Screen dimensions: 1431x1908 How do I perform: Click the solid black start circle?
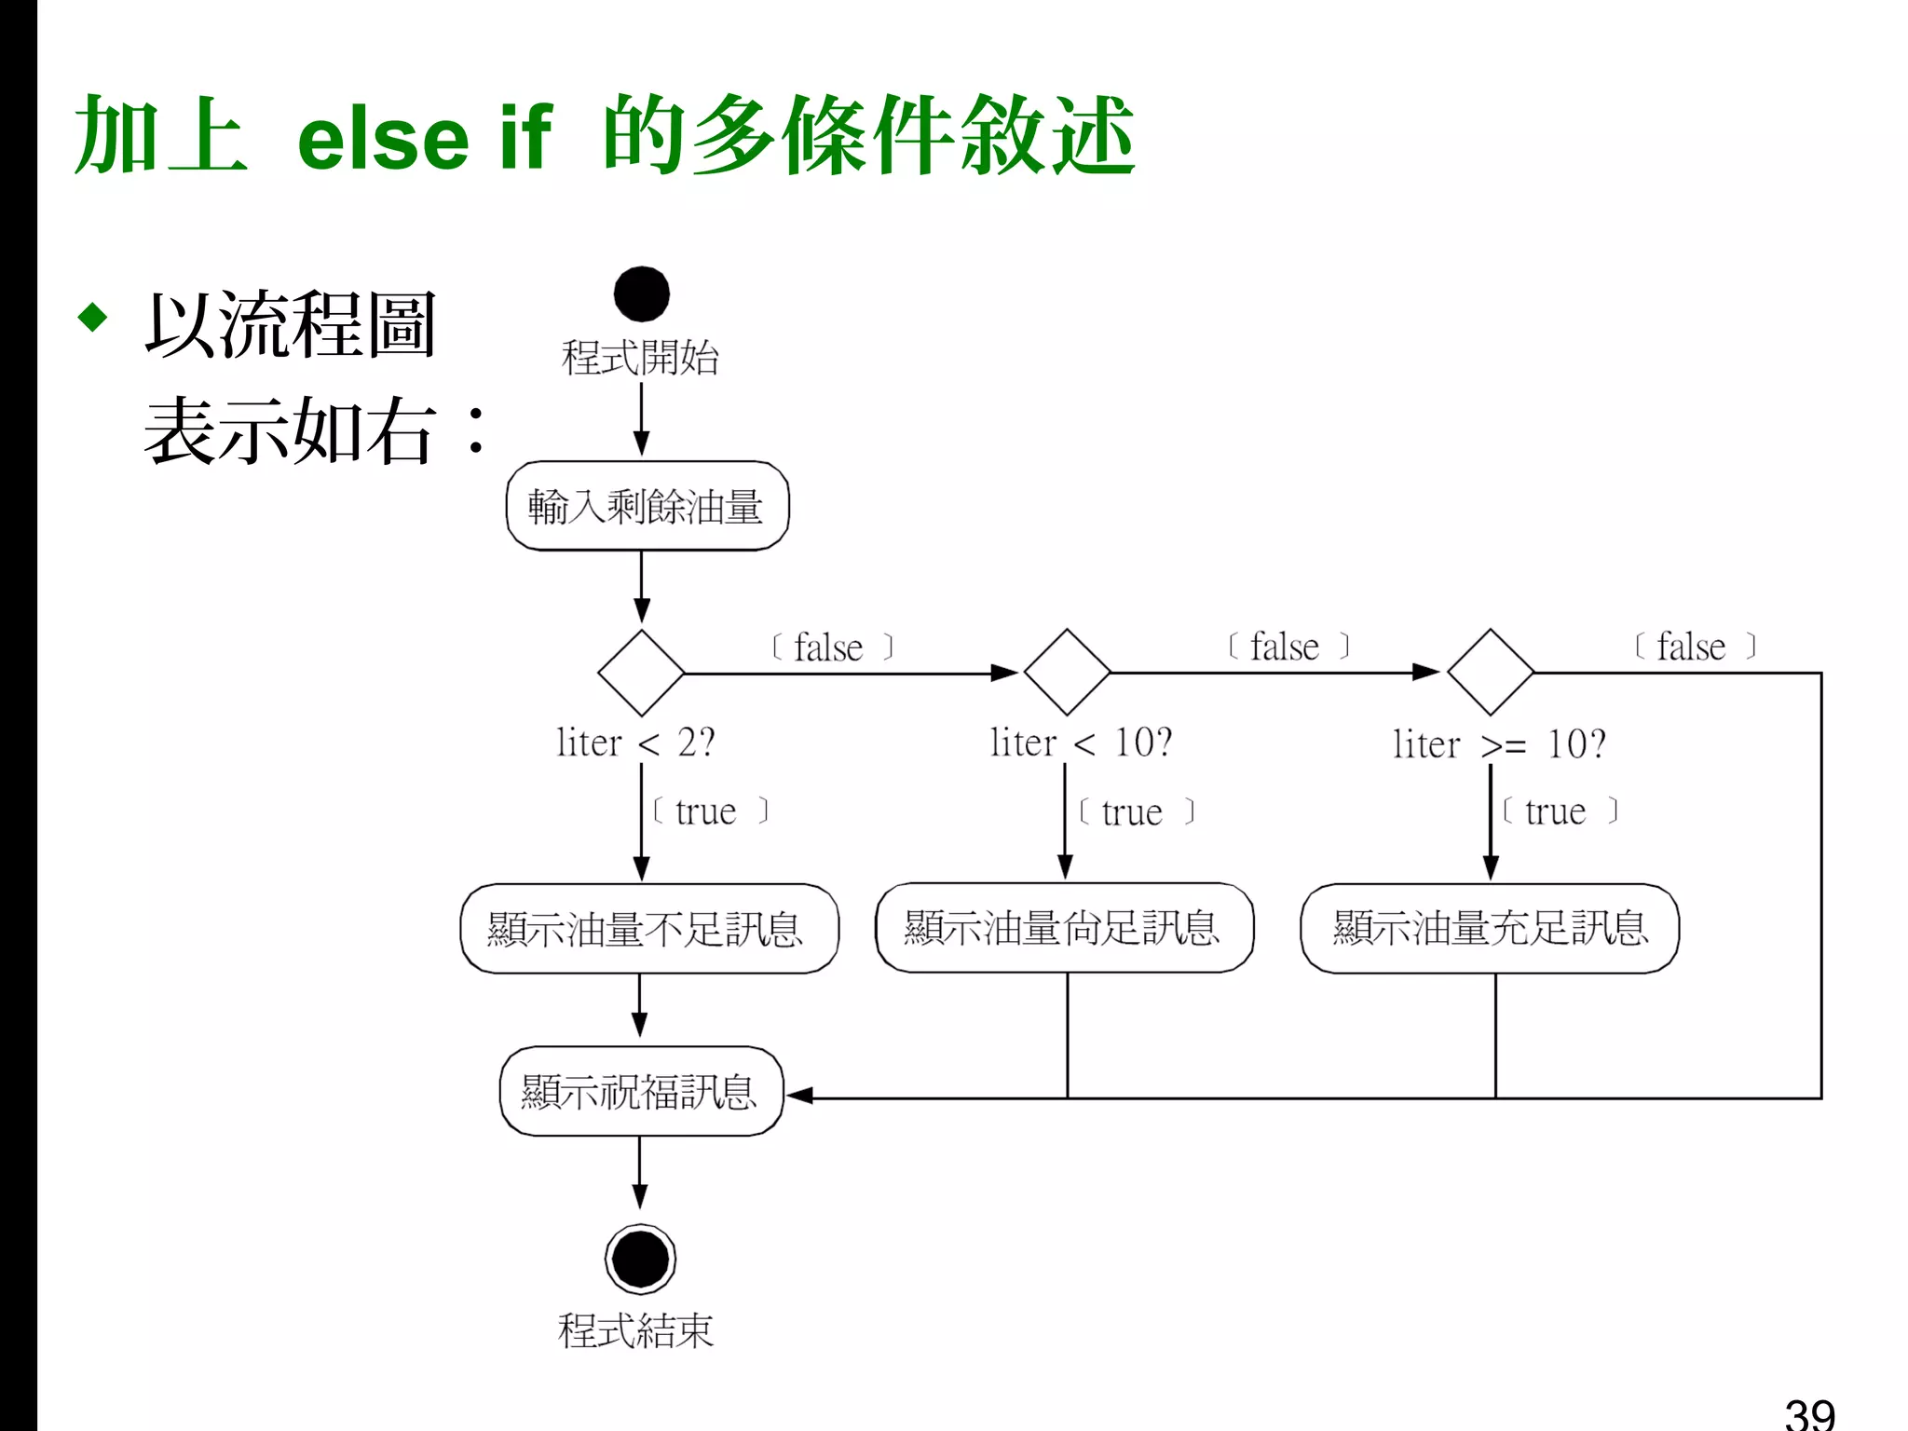point(641,294)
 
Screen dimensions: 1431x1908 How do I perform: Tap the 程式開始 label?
point(640,358)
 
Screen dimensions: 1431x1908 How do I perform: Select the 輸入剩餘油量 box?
point(647,506)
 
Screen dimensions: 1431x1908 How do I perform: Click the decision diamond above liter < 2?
point(641,673)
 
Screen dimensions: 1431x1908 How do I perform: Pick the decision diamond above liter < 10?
point(1067,672)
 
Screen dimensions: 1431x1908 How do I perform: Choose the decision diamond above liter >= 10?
point(1491,672)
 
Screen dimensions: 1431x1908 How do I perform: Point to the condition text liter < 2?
point(635,743)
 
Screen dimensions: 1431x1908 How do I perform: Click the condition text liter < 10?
point(1081,743)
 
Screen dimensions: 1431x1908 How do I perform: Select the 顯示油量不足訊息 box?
point(649,929)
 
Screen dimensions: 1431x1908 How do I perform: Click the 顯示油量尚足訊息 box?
point(1064,928)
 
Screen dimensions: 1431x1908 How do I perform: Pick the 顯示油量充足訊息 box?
point(1490,929)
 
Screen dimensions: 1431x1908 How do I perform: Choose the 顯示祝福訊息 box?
point(641,1092)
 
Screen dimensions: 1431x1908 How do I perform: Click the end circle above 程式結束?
point(640,1259)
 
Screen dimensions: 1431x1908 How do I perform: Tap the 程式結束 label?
point(635,1330)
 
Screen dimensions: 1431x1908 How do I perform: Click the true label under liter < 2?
point(706,811)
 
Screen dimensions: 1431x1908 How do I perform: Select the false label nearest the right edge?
point(1692,647)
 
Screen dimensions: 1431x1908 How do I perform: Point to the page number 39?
point(1809,1412)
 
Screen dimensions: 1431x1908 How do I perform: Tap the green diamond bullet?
point(93,317)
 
